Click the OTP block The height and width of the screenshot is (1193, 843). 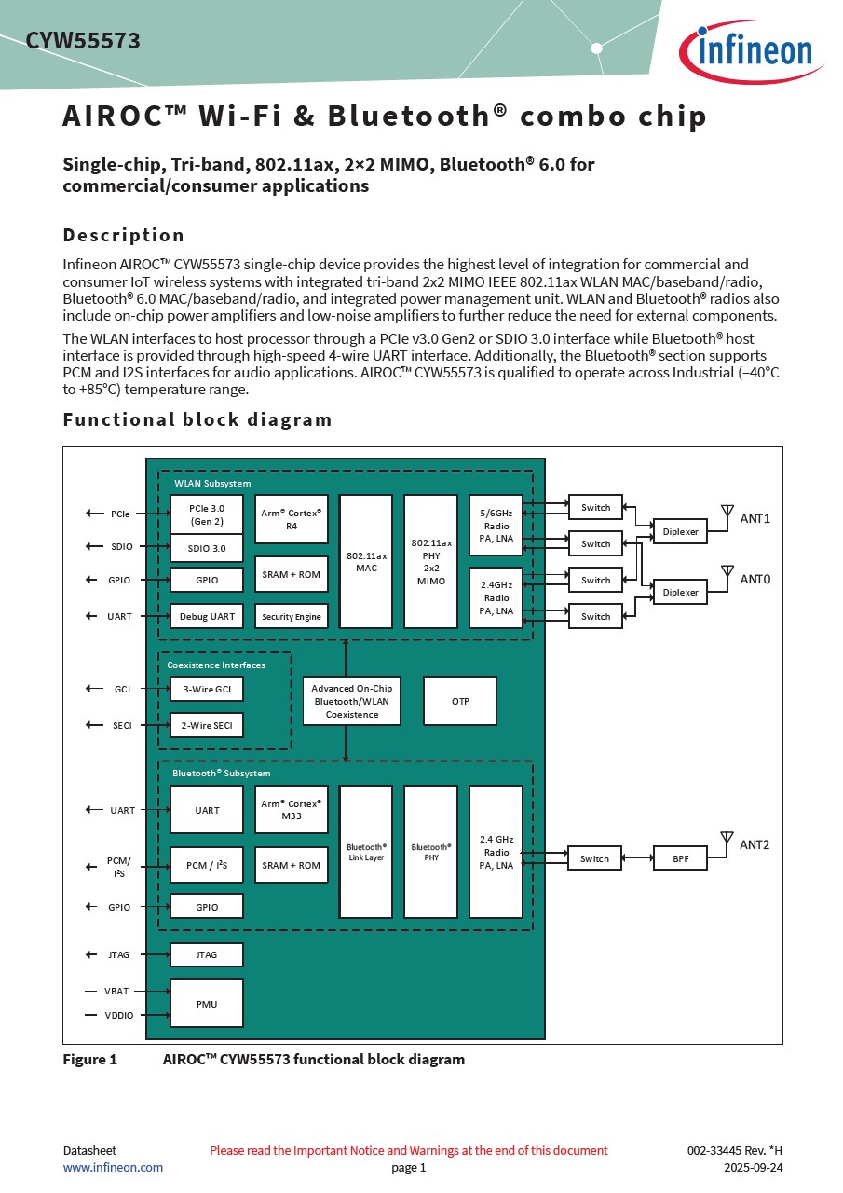460,701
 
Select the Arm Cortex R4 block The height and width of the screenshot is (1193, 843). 292,519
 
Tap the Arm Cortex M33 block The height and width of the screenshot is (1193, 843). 292,809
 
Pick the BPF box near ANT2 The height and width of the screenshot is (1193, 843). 681,858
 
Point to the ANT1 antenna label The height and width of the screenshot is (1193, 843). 755,518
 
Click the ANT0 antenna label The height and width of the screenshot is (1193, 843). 755,580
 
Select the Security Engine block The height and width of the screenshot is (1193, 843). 292,616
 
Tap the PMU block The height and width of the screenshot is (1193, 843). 207,1003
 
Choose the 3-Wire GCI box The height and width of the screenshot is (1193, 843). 207,689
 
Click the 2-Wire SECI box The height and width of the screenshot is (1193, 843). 207,725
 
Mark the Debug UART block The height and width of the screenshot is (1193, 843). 207,616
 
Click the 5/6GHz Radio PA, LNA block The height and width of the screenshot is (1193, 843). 496,526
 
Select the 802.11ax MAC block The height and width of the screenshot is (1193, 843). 366,561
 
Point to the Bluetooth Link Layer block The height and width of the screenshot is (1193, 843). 366,852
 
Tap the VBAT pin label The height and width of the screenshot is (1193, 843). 116,991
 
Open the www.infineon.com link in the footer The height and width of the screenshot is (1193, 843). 113,1167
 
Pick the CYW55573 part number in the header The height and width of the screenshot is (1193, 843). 83,41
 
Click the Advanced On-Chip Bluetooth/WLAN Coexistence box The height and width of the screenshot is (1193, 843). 352,701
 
